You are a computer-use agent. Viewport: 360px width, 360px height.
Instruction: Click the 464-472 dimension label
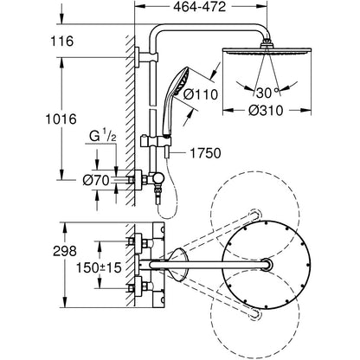pos(199,7)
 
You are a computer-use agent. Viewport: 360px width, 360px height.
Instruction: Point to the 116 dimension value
pos(62,42)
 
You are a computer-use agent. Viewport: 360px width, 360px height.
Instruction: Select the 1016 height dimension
pos(61,119)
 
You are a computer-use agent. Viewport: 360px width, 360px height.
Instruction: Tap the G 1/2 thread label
pos(102,136)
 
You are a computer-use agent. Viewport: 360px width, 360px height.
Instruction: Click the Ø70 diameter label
pos(96,181)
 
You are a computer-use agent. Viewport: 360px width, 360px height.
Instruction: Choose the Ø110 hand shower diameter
pos(201,94)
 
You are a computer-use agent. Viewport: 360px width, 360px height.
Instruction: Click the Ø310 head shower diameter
pos(267,110)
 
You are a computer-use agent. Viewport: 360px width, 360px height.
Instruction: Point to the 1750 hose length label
pos(205,153)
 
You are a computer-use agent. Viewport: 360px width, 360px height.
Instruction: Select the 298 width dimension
pos(65,251)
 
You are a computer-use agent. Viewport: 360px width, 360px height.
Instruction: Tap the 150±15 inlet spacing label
pos(99,268)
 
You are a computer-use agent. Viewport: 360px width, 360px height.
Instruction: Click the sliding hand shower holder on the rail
pos(156,142)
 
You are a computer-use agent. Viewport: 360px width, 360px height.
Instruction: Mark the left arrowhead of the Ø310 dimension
pos(228,110)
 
